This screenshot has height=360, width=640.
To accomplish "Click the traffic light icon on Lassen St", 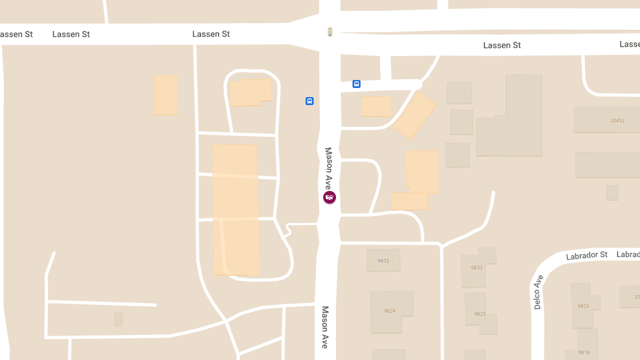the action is pos(330,32).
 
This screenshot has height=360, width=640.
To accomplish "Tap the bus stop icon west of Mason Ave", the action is pos(309,101).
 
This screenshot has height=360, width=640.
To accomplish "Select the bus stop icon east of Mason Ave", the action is pos(356,84).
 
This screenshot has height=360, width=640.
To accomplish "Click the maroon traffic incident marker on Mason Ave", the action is pos(330,197).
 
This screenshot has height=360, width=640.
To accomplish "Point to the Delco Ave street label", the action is pos(538,292).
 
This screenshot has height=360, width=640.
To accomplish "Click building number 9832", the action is pos(383,261).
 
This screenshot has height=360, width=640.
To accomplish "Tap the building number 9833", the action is pos(477,268).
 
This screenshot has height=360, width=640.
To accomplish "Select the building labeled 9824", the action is pos(390,311).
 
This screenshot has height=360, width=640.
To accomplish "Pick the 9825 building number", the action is pos(479,314).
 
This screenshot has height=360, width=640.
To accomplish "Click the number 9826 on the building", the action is pos(583,306).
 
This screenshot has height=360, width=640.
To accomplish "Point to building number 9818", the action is pos(584,353).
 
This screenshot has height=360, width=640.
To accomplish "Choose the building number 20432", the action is pos(617,121).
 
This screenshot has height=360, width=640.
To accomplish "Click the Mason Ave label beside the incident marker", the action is pos(329,168).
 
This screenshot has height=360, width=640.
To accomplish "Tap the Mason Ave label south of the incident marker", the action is pos(325,327).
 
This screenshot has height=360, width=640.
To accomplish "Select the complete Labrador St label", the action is pos(587,255).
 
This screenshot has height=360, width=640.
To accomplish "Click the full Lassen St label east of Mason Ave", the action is pos(502,45).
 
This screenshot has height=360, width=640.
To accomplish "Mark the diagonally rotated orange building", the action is pos(414,115).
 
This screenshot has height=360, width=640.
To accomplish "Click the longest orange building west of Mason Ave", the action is pos(236,210).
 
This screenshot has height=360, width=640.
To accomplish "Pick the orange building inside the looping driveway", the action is pos(251,92).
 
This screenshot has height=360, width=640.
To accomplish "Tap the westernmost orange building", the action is pos(166,95).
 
